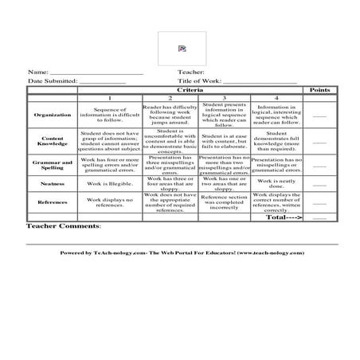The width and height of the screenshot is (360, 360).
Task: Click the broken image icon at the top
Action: coord(182,49)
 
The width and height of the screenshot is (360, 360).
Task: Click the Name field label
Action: coord(38,72)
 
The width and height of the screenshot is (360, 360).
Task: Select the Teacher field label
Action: coord(192,72)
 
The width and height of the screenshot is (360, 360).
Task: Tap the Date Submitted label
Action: coord(53,81)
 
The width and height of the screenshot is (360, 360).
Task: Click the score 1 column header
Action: coord(110,98)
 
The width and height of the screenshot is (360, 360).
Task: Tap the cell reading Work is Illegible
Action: coord(110,182)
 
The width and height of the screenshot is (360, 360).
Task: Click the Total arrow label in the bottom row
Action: coord(284,217)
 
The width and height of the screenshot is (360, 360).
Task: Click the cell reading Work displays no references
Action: coord(110,202)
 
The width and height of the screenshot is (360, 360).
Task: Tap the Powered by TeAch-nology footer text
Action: coord(182,252)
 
